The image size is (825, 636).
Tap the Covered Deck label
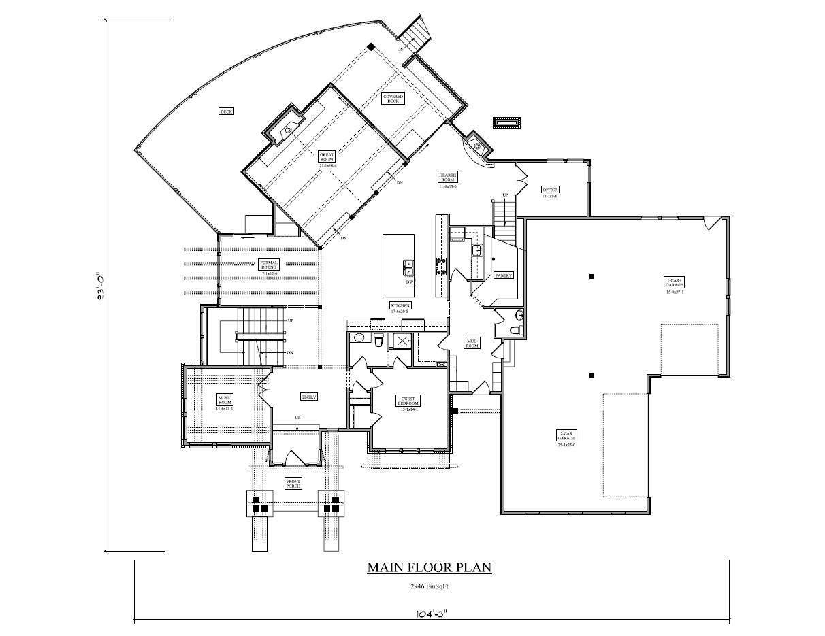pos(393,99)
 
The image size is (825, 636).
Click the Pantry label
pos(504,275)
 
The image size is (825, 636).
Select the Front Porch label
pos(293,484)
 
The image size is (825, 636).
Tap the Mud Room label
pos(472,342)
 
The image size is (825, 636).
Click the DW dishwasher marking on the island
pos(409,281)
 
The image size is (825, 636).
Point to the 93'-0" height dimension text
pos(100,286)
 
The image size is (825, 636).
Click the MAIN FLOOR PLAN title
pos(429,567)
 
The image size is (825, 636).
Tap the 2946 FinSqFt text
pos(429,586)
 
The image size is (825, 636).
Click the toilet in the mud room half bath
pos(515,331)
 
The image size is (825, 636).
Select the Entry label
pos(309,397)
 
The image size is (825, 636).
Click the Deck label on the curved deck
pos(227,112)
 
